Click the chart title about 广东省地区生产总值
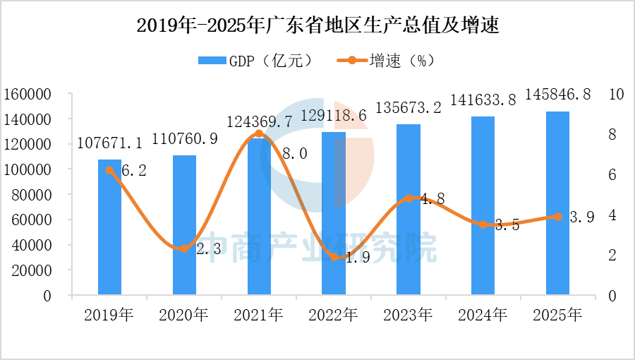317,26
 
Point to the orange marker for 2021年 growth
259,133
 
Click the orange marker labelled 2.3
184,248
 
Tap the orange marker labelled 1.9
334,257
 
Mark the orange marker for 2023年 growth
409,198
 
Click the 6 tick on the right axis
612,174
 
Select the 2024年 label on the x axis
483,316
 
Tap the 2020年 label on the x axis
184,316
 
